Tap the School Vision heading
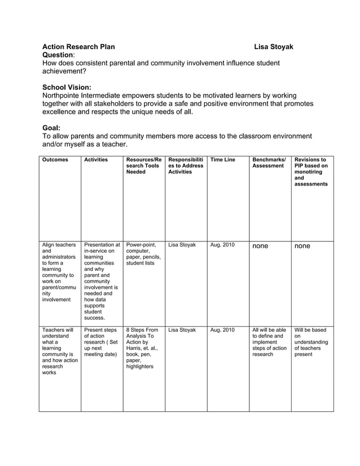point(67,87)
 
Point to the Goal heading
point(51,128)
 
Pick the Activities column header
point(96,160)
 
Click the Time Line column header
point(222,160)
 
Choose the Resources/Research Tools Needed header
point(143,166)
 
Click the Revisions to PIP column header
point(311,172)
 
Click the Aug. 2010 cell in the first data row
point(222,245)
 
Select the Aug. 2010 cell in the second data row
point(222,329)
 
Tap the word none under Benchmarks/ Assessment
point(260,246)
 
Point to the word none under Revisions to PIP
point(302,246)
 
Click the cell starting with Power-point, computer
point(143,254)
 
